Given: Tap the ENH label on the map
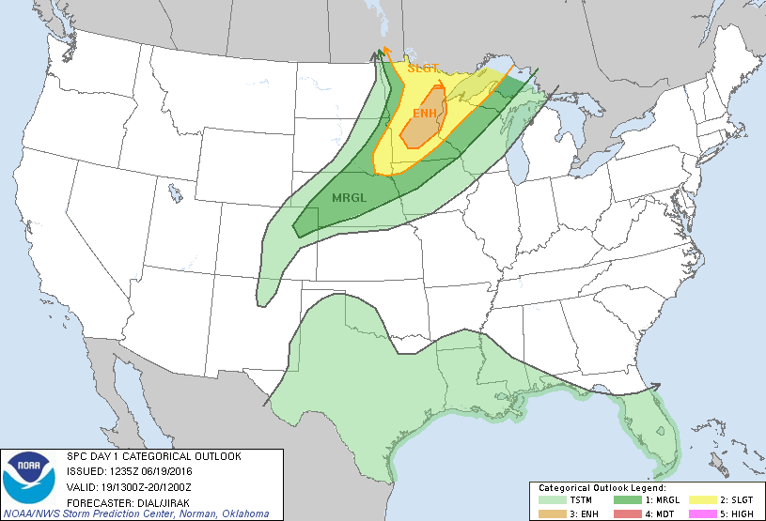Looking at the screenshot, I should [x=425, y=114].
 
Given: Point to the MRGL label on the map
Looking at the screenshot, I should [x=352, y=197].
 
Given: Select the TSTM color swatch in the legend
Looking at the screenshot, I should [x=556, y=501].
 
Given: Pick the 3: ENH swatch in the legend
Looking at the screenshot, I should [x=556, y=513].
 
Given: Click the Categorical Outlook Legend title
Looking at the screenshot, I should [x=602, y=489].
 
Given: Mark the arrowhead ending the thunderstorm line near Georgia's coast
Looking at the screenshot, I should [x=656, y=386].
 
